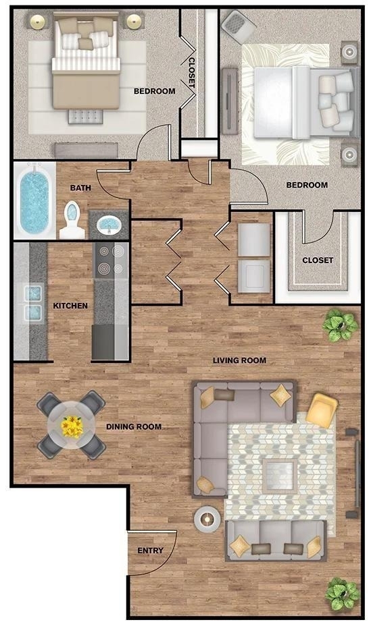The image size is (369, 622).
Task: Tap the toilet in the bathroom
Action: point(72,220)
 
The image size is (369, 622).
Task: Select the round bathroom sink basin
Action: point(107,225)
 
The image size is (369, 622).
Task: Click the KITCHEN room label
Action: point(70,306)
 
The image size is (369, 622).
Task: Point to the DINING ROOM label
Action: point(134,427)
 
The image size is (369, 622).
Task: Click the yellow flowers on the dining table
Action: point(72,426)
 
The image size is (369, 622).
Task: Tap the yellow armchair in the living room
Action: point(322,410)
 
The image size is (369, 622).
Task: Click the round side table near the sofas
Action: point(207,519)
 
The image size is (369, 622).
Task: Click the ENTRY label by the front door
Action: point(150,550)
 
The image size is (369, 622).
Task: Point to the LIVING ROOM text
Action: point(239,360)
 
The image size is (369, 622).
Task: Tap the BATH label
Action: point(80,188)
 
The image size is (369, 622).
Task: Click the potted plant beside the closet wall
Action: point(340,324)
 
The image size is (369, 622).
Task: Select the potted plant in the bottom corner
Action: point(343,594)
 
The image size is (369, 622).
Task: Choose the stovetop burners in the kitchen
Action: point(111,260)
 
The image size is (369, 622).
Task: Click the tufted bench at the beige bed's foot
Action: point(85,117)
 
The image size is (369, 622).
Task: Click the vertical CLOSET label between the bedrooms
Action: point(191,73)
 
